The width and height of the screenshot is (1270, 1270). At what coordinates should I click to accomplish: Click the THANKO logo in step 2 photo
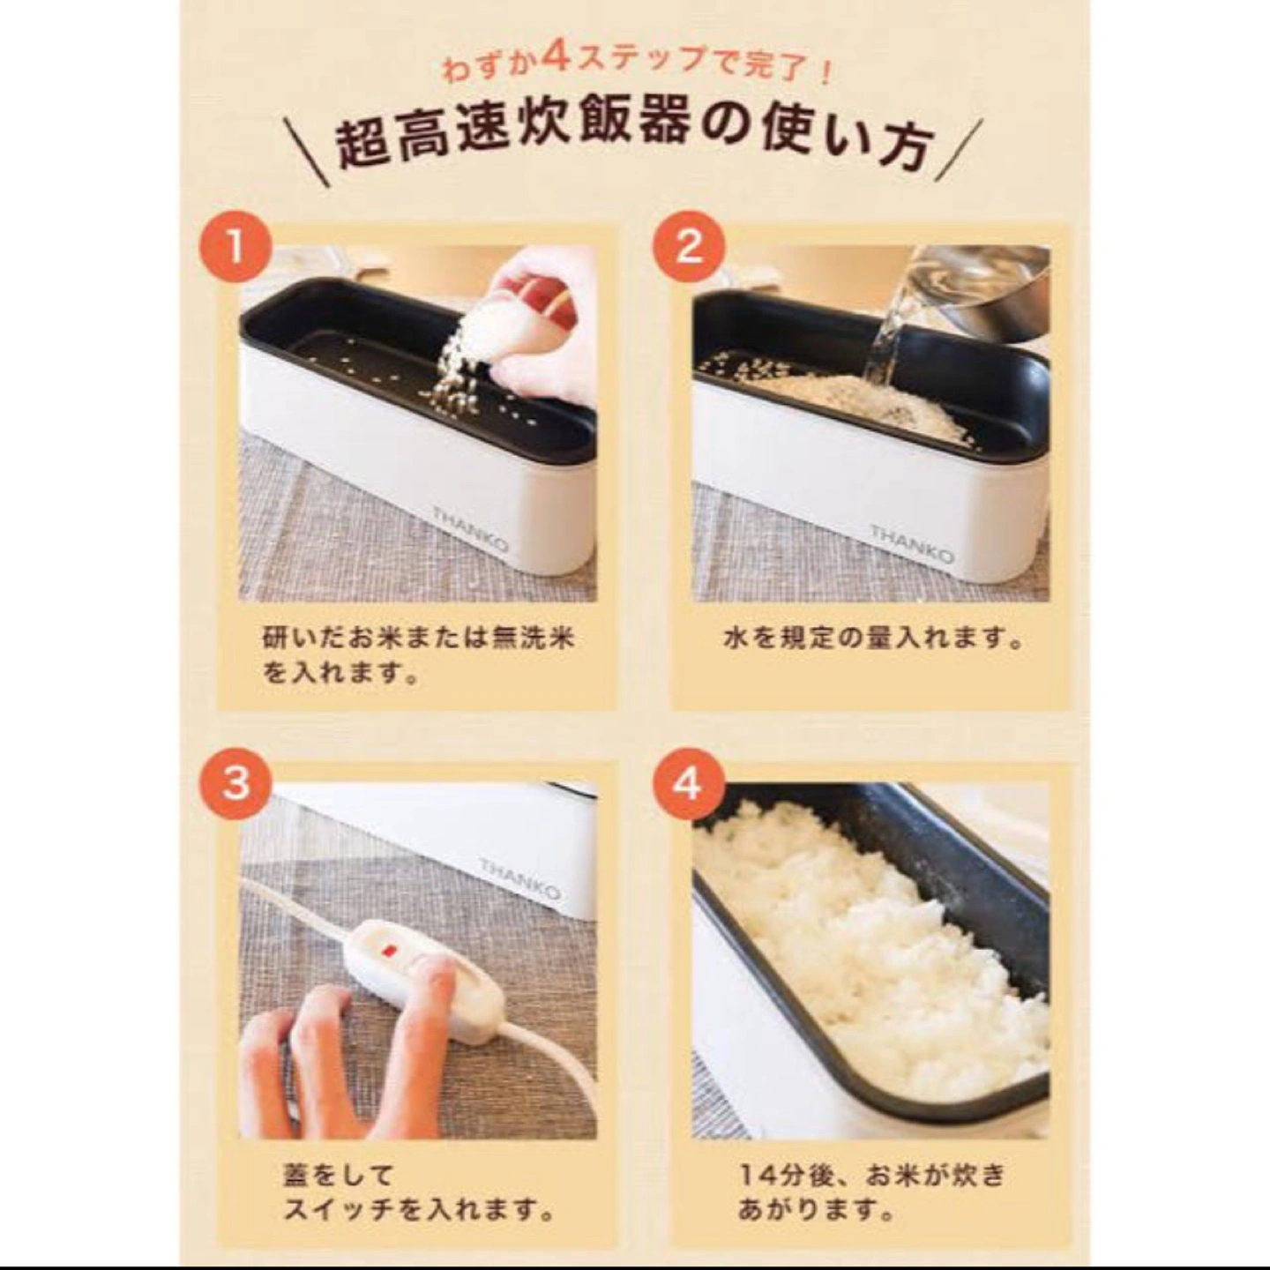pyautogui.click(x=912, y=543)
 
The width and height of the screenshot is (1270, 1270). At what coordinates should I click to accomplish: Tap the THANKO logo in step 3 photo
pyautogui.click(x=520, y=878)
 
